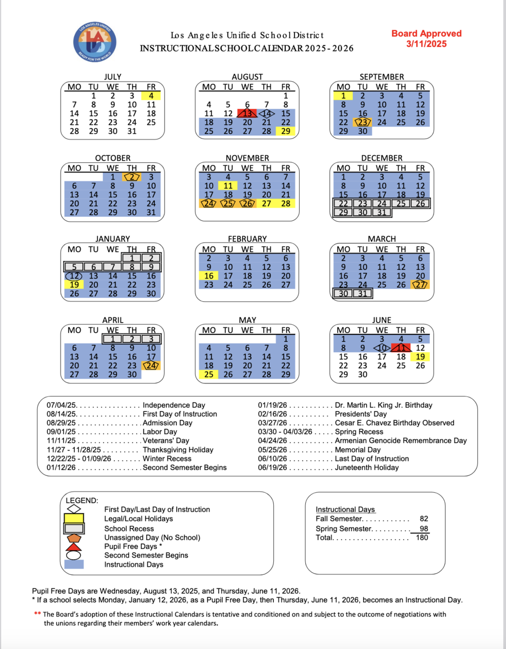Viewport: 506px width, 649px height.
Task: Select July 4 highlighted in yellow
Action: pyautogui.click(x=151, y=96)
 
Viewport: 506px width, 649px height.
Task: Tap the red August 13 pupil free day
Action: pyautogui.click(x=247, y=114)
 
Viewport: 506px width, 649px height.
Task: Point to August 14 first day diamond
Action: pyautogui.click(x=266, y=114)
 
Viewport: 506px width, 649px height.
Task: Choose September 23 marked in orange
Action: pyautogui.click(x=363, y=122)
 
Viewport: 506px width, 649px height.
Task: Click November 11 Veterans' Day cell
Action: pyautogui.click(x=228, y=186)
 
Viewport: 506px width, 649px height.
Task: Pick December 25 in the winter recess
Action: pyautogui.click(x=401, y=203)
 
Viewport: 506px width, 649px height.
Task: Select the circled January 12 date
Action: pyautogui.click(x=74, y=276)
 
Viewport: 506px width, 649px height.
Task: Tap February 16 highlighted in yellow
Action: pyautogui.click(x=208, y=276)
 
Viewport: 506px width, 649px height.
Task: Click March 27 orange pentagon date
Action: pyautogui.click(x=420, y=284)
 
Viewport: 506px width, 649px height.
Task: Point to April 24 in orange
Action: pyautogui.click(x=151, y=366)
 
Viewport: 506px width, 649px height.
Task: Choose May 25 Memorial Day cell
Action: pyautogui.click(x=208, y=374)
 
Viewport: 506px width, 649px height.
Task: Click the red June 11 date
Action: pyautogui.click(x=401, y=348)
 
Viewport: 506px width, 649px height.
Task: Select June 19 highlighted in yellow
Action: pyautogui.click(x=420, y=357)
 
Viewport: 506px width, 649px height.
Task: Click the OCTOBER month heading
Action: pyautogui.click(x=113, y=158)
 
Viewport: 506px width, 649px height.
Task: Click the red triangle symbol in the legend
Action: pyautogui.click(x=75, y=546)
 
